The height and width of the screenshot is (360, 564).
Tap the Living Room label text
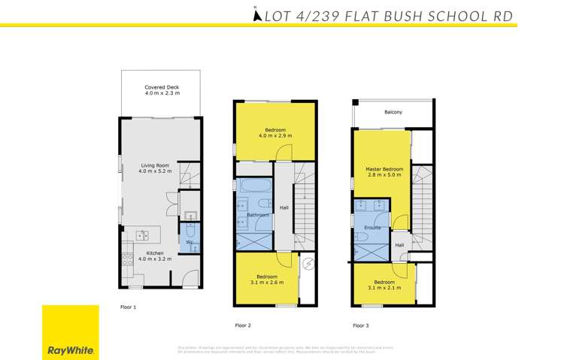(155, 167)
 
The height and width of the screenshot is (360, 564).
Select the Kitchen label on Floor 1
(155, 253)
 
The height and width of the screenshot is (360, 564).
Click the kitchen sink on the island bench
(141, 236)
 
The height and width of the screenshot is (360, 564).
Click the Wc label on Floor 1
(190, 242)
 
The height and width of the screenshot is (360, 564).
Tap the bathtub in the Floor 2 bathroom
(255, 186)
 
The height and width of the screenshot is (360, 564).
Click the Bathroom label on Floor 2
(258, 216)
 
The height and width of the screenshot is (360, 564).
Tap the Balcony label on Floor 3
(393, 113)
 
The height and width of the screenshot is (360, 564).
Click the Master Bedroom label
(384, 169)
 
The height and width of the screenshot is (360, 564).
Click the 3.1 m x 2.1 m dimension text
(384, 287)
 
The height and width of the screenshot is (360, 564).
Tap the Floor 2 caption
(242, 325)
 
